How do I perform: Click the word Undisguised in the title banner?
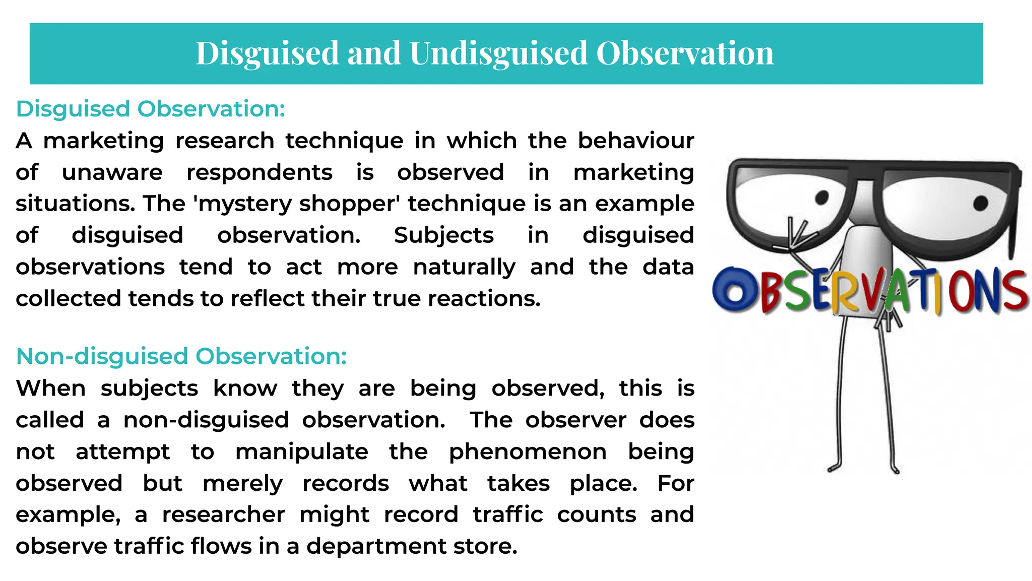pos(498,53)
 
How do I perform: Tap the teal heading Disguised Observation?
pos(151,109)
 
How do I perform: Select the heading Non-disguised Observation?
pos(181,356)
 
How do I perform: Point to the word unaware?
pos(112,172)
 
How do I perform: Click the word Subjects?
pos(443,236)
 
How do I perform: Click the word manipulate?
pos(302,452)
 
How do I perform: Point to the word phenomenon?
pos(528,452)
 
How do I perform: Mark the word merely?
pos(242,484)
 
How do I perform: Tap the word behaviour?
pos(636,141)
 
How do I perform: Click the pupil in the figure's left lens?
pos(821,198)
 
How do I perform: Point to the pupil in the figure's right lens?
pos(980,204)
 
